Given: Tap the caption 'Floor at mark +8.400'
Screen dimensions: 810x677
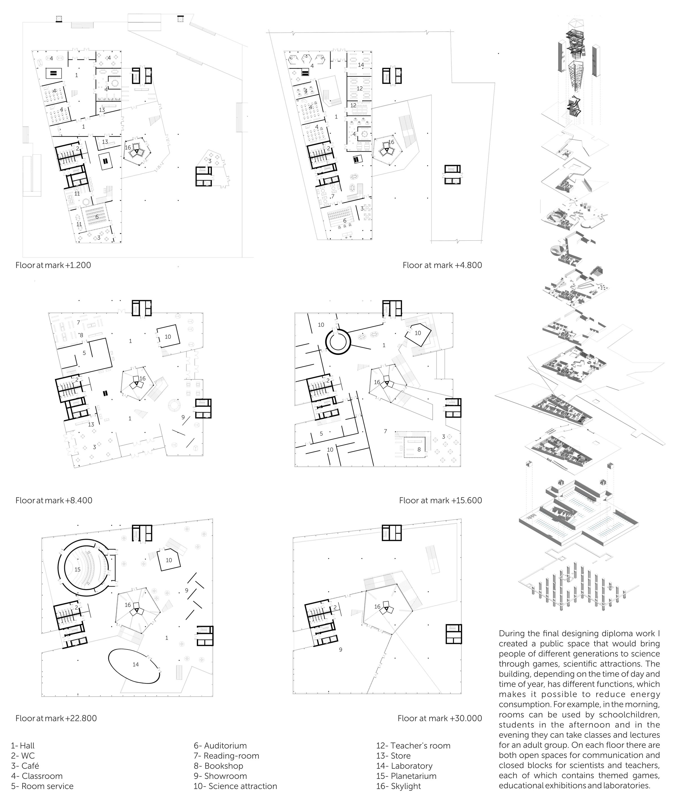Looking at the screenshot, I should (54, 500).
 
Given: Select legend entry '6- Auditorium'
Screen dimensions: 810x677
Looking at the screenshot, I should (220, 746).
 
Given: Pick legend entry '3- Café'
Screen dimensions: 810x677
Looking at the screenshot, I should (25, 766).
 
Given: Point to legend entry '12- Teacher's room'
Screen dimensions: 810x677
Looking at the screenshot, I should (413, 746).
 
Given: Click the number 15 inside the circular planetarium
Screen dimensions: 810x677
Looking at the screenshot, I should (78, 569).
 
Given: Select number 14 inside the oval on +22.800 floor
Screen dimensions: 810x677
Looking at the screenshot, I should (135, 664).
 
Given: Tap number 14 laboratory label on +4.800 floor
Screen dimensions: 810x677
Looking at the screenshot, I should (361, 65).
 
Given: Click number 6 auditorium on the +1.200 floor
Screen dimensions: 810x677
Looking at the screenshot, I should (97, 217).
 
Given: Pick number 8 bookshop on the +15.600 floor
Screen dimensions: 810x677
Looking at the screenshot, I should (419, 449).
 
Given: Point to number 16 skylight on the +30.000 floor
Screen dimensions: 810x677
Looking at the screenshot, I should (377, 606).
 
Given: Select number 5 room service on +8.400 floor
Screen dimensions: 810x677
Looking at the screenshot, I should (84, 353).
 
